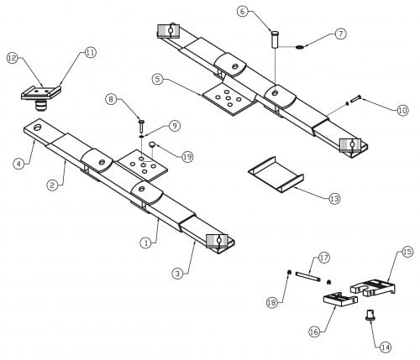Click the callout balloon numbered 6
click(x=242, y=11)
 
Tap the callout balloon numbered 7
click(x=340, y=34)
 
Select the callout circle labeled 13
click(x=334, y=199)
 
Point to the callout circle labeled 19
click(x=187, y=157)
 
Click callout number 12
click(x=13, y=58)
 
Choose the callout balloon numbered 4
click(x=18, y=164)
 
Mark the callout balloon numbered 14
click(x=386, y=347)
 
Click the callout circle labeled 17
click(x=323, y=258)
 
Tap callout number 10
click(x=402, y=111)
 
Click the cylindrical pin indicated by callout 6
click(x=275, y=40)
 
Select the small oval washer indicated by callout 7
click(x=300, y=46)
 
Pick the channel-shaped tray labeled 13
click(x=276, y=174)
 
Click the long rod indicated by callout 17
click(x=307, y=276)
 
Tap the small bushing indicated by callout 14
click(x=370, y=315)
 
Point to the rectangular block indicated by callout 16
click(x=340, y=300)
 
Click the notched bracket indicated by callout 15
click(x=373, y=287)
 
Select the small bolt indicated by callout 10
click(x=354, y=99)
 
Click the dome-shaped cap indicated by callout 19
click(x=152, y=145)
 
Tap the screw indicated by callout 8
click(x=141, y=126)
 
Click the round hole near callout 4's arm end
click(x=37, y=127)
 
